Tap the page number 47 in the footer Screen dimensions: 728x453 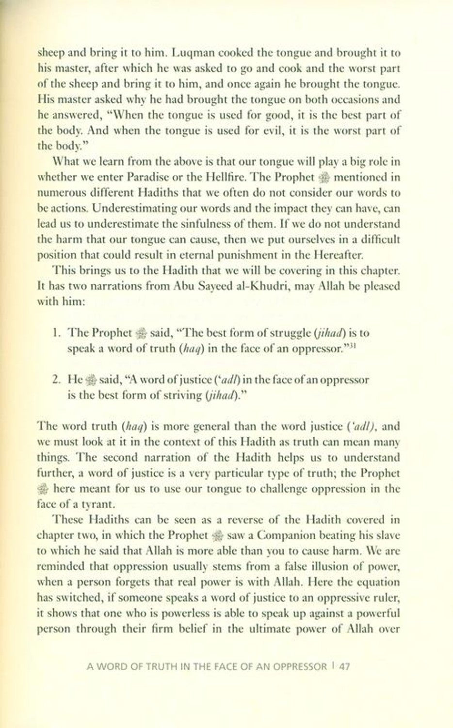pyautogui.click(x=344, y=666)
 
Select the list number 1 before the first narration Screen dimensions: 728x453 pyautogui.click(x=55, y=333)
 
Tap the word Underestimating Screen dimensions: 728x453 pyautogui.click(x=124, y=209)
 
